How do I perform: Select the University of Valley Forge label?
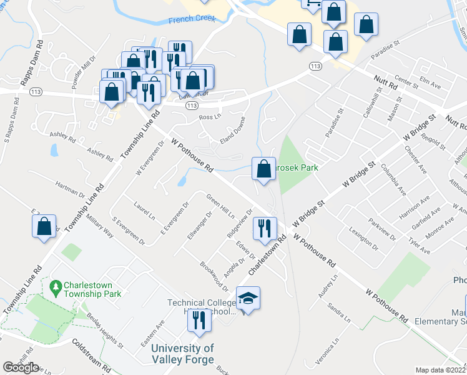pos(184,354)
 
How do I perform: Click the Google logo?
pos(21,367)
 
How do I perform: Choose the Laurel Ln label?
pos(144,210)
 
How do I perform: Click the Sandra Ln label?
pos(340,313)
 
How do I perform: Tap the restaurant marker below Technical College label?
pos(199,321)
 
